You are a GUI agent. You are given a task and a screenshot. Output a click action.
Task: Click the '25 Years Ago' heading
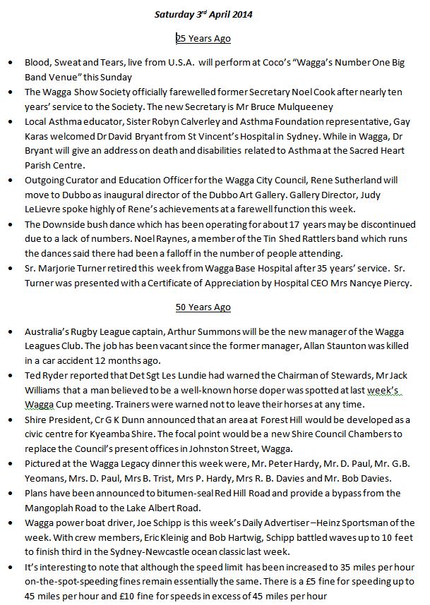(x=203, y=38)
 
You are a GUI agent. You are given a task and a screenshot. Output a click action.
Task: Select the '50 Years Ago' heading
(x=203, y=307)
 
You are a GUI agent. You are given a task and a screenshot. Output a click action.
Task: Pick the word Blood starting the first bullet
(x=37, y=63)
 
